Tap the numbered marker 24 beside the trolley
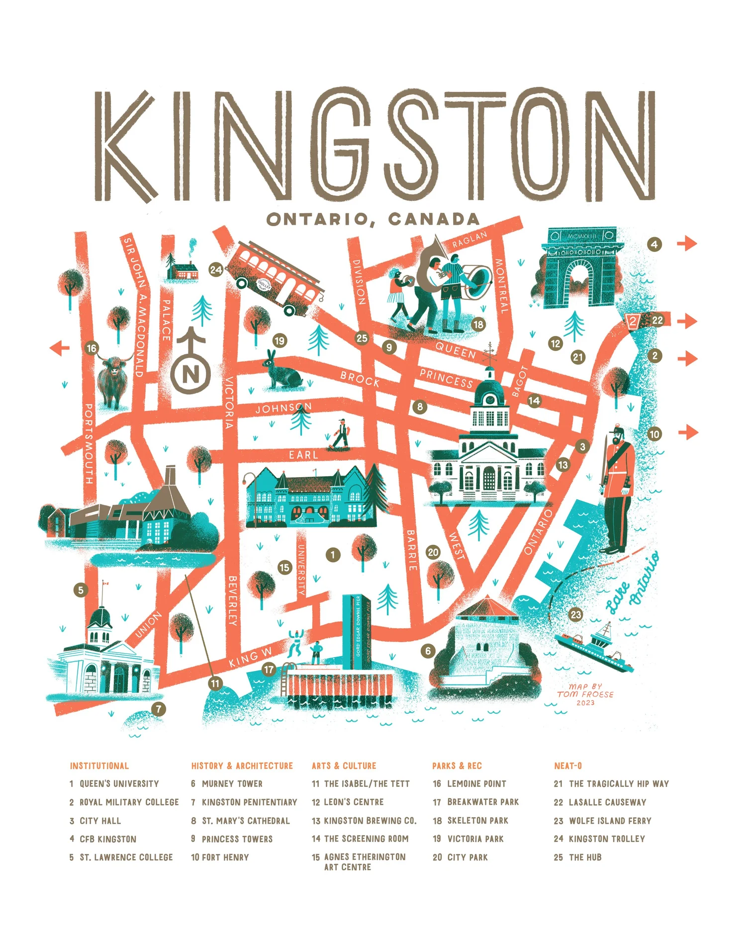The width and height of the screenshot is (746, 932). (216, 270)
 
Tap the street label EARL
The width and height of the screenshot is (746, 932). (303, 455)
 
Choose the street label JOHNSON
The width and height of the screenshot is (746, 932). (283, 408)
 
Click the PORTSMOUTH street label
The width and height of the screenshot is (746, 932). (89, 443)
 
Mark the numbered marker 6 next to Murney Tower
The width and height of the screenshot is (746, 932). (428, 651)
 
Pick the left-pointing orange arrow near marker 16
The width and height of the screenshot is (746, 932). (60, 348)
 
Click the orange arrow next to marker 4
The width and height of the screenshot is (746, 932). (687, 244)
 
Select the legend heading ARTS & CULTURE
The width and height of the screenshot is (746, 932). (344, 766)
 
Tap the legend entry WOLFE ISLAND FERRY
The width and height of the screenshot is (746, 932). (610, 821)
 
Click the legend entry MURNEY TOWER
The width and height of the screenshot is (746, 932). (232, 784)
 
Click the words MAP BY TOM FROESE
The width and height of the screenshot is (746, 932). (585, 694)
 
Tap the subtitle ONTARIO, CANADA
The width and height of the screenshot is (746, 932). (373, 219)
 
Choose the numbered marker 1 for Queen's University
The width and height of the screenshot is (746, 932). (333, 555)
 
